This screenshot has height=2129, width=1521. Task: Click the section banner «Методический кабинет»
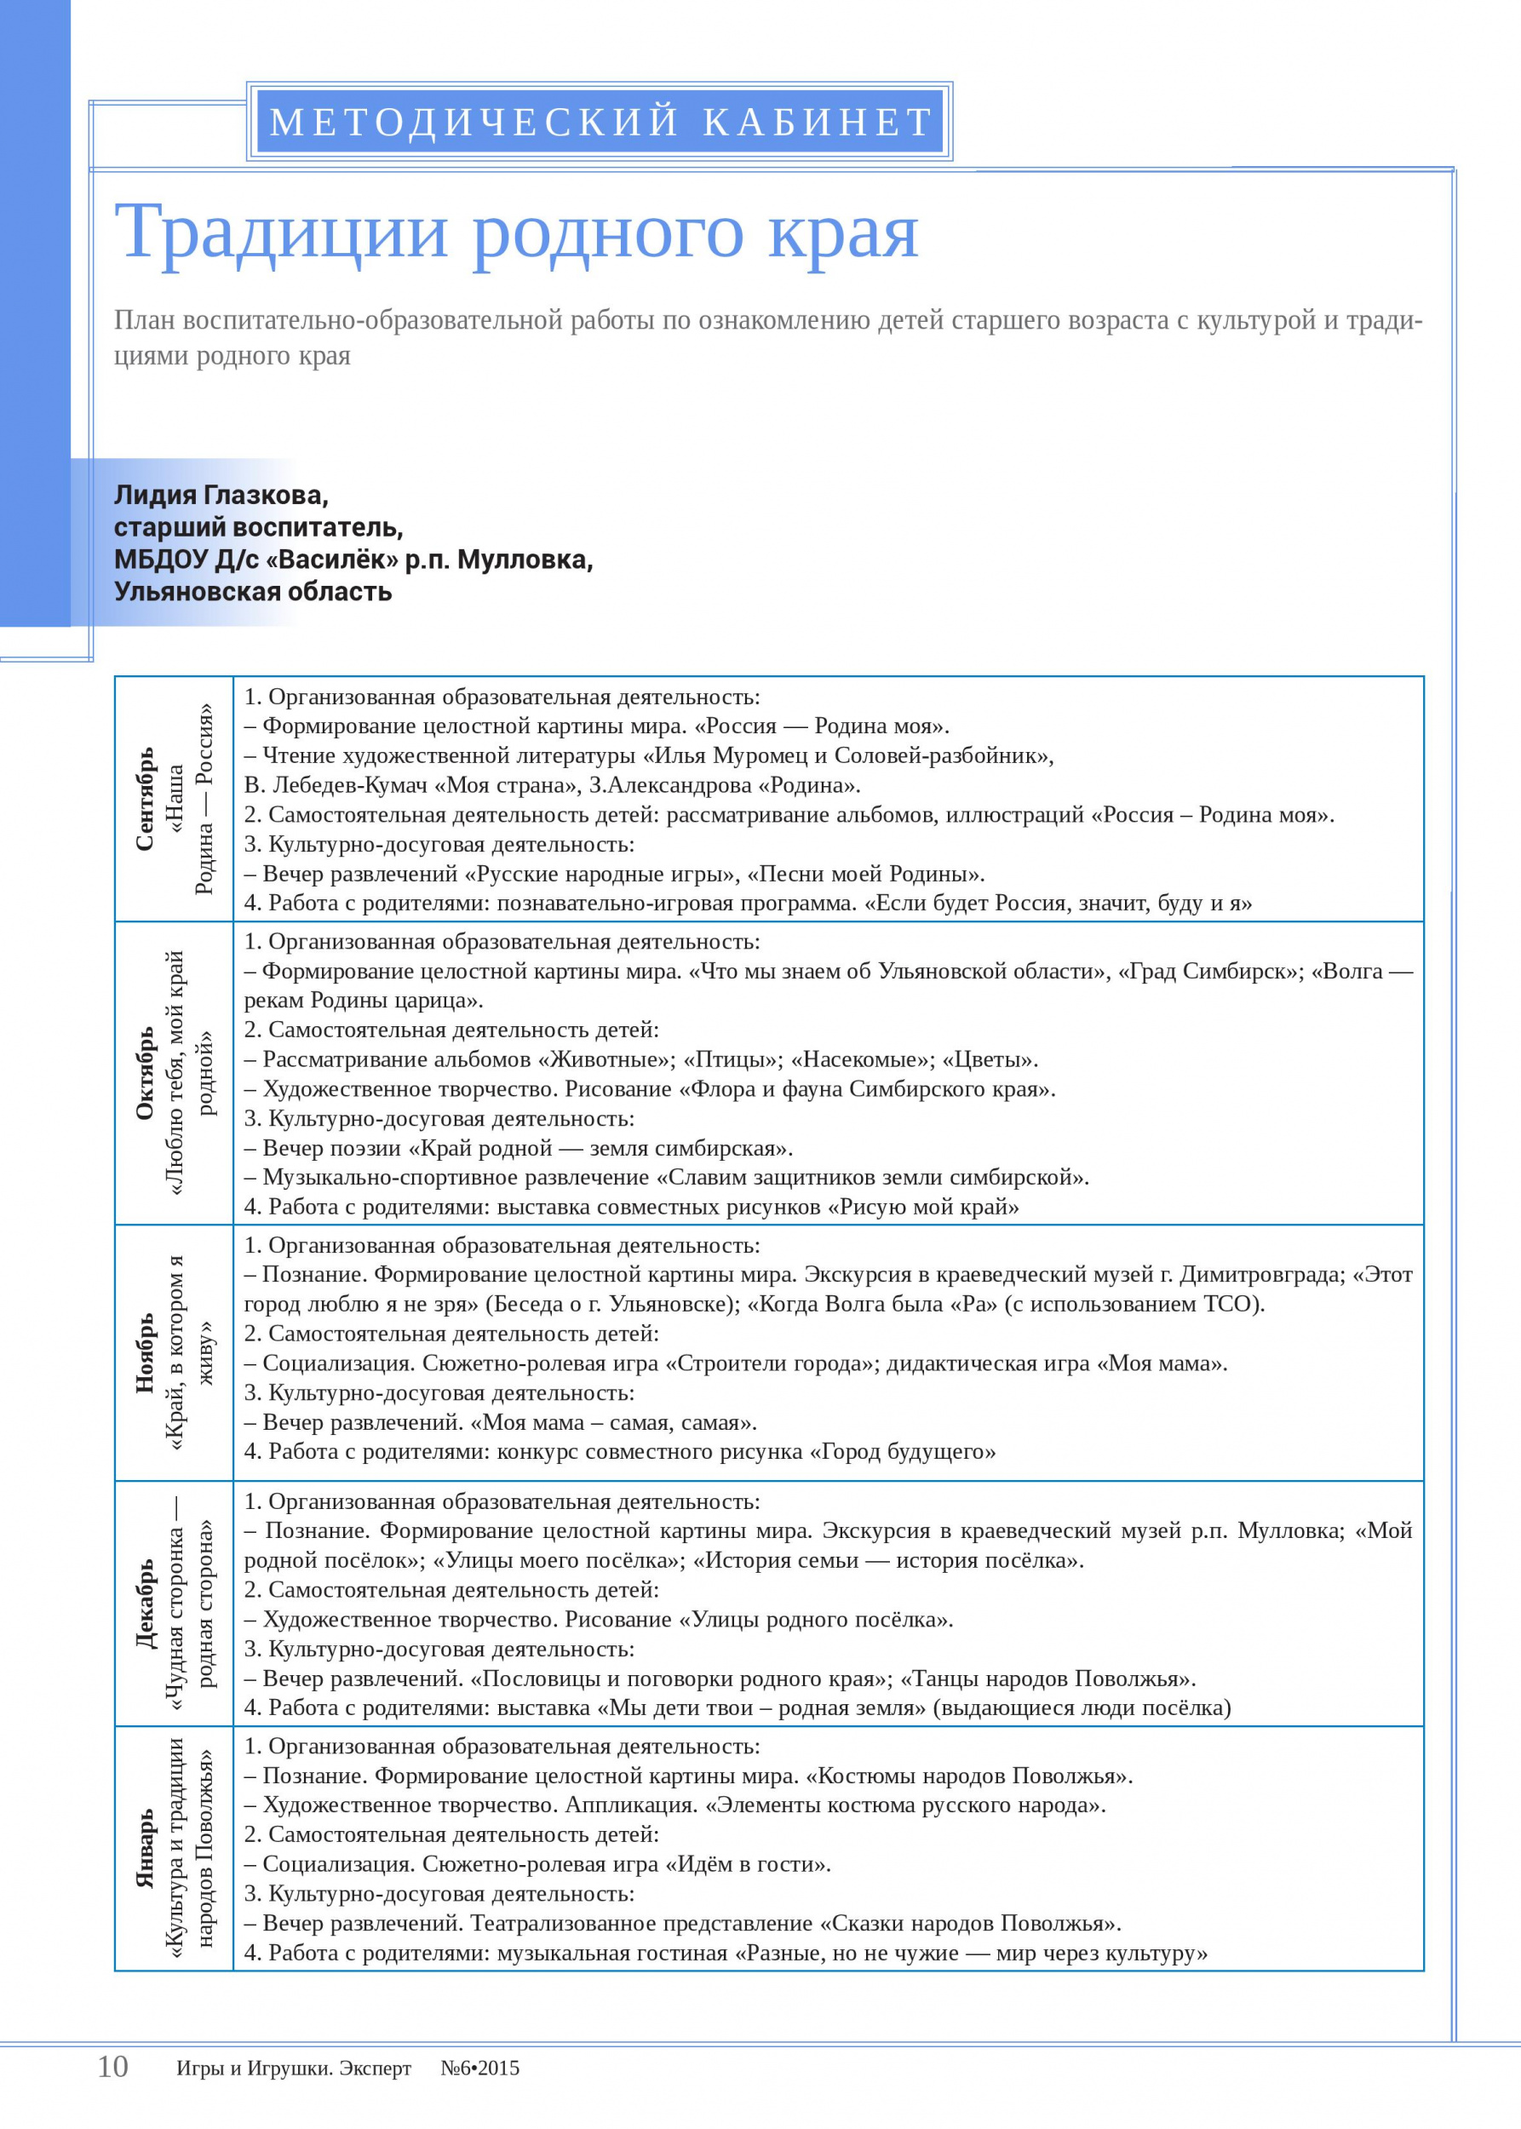(x=600, y=122)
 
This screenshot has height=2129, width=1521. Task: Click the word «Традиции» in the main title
(x=281, y=232)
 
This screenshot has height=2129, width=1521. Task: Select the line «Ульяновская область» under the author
(x=253, y=592)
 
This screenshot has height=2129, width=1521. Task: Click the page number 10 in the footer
(x=112, y=2066)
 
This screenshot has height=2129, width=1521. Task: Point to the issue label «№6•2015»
(x=479, y=2069)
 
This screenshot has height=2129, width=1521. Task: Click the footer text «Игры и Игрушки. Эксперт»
(x=293, y=2069)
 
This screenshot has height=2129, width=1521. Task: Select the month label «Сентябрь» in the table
(x=145, y=799)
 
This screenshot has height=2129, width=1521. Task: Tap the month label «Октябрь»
(x=145, y=1073)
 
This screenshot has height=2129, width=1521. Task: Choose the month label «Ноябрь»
(x=145, y=1352)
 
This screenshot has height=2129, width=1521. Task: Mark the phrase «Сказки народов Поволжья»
(x=969, y=1923)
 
